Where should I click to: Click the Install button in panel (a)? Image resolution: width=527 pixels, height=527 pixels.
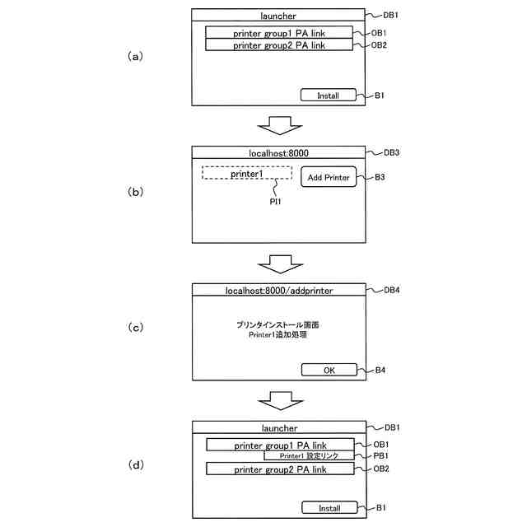pos(329,96)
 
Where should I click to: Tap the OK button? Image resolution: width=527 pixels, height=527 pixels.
pos(329,370)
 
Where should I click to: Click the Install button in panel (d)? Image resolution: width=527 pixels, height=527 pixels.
pos(329,508)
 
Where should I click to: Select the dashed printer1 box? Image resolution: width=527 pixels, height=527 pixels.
pos(246,174)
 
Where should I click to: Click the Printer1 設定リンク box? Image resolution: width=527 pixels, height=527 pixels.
pos(309,455)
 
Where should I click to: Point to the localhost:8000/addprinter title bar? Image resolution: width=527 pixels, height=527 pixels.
pos(279,291)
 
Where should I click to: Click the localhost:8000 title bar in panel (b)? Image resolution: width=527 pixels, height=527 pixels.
pos(279,153)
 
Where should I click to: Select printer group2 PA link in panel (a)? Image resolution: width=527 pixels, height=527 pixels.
pos(279,45)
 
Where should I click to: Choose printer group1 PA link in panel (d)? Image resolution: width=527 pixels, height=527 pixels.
pos(280,445)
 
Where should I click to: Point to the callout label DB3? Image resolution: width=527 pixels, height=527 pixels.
pos(392,153)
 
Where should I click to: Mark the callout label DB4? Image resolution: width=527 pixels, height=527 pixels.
pos(392,291)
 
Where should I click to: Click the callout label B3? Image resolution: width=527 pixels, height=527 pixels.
pos(380,177)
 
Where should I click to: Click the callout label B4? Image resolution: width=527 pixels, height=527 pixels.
pos(380,370)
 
